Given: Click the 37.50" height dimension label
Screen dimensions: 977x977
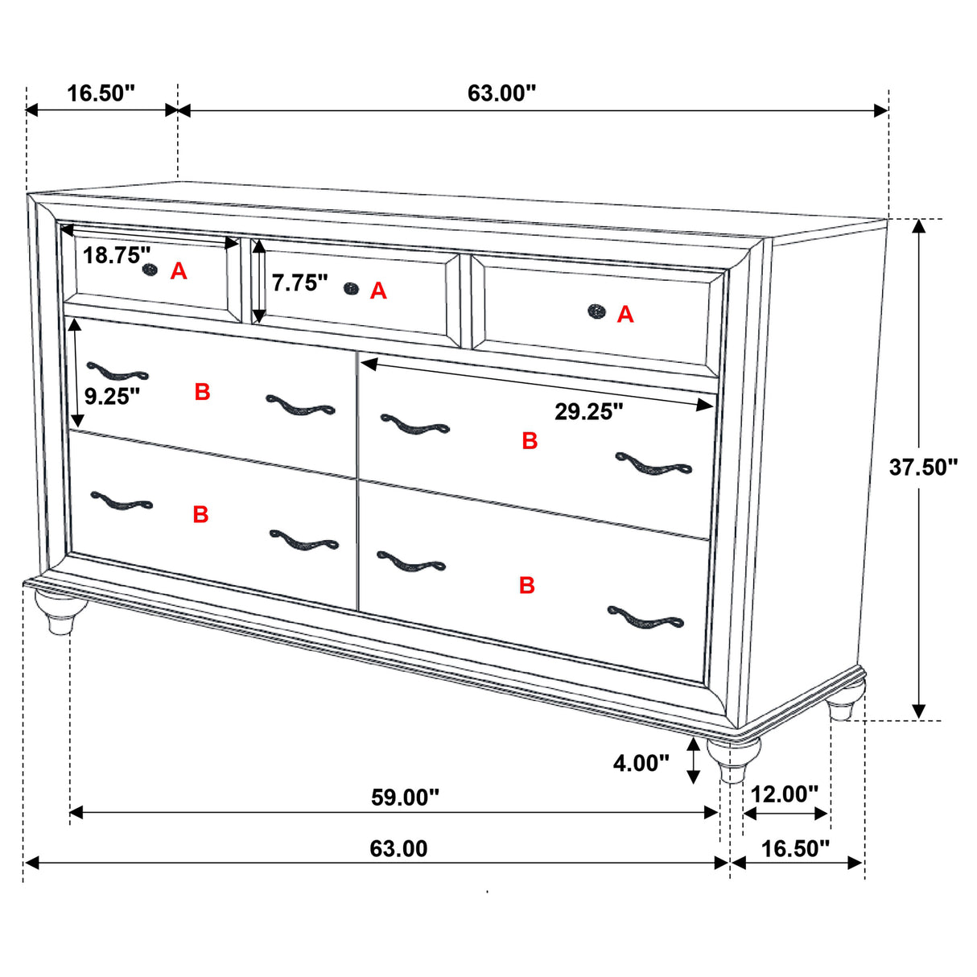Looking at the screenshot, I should [x=923, y=467].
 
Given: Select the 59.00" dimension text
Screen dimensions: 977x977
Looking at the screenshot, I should [x=405, y=798].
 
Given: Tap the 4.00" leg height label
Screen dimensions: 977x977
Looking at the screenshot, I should [x=641, y=763].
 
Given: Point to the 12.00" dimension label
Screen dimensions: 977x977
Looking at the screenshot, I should [x=784, y=794].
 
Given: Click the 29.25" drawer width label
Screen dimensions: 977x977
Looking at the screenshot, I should [x=588, y=412].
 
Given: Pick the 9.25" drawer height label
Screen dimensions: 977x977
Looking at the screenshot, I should [x=112, y=396].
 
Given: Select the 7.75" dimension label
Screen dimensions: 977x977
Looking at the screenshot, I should [x=299, y=282].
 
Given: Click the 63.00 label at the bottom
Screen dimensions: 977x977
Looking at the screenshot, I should [x=398, y=849].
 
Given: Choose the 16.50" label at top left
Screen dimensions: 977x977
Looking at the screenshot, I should [x=101, y=93].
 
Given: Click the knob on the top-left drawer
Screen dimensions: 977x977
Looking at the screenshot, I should [x=149, y=270].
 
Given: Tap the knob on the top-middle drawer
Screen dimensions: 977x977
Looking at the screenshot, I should [x=350, y=288].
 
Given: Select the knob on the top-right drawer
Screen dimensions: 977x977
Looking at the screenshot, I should [x=596, y=311].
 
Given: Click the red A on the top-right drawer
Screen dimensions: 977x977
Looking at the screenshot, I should [x=625, y=315].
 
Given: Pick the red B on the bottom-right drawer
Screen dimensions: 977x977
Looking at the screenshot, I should [x=527, y=585].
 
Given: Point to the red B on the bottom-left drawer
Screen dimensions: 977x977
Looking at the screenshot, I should [x=200, y=514].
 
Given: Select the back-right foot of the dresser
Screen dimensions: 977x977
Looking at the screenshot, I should [x=843, y=704].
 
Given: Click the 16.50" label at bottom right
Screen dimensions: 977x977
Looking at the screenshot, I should [x=795, y=849].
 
